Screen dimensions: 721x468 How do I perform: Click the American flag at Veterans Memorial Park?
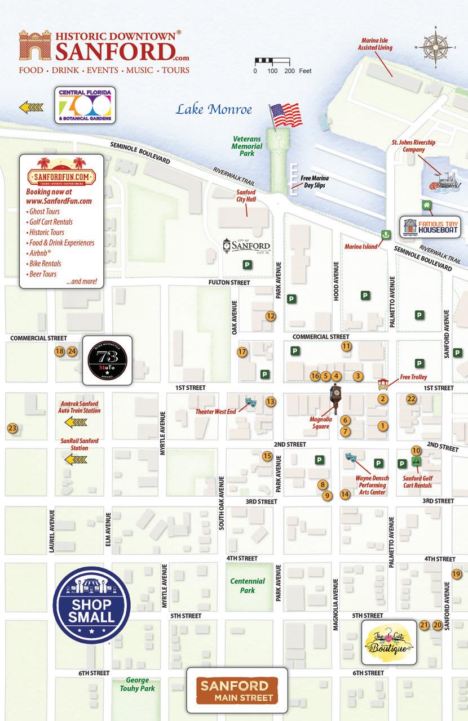click(x=286, y=115)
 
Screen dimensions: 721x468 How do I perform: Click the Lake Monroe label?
click(x=213, y=109)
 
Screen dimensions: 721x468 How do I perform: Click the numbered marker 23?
click(x=12, y=429)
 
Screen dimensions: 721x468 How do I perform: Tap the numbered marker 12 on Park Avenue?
click(x=271, y=316)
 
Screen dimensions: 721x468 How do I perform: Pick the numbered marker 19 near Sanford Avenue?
click(x=456, y=574)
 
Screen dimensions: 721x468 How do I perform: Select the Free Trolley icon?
click(x=383, y=385)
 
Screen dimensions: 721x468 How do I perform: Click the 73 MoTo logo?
click(x=107, y=360)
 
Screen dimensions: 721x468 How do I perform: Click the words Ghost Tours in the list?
click(x=43, y=211)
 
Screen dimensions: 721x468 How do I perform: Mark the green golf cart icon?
click(x=416, y=461)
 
